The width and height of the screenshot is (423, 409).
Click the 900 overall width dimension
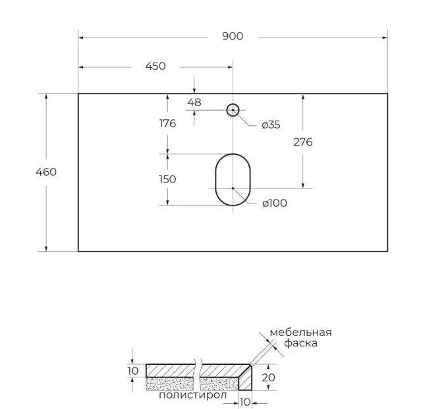click(x=233, y=36)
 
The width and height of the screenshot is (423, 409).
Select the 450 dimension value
click(x=155, y=66)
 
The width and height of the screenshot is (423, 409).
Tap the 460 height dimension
click(x=46, y=172)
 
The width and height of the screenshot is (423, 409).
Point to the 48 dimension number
click(x=194, y=103)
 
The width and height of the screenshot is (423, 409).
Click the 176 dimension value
click(x=167, y=123)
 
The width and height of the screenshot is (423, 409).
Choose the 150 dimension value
click(x=167, y=179)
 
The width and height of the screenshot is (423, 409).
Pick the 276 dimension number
click(x=303, y=142)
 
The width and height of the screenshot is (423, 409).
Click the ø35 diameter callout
click(x=271, y=125)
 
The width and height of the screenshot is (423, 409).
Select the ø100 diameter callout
click(x=275, y=203)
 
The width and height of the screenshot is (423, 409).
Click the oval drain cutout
click(x=216, y=180)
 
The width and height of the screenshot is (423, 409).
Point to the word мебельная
click(x=301, y=333)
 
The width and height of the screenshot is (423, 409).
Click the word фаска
click(x=301, y=344)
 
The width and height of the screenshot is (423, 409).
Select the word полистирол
click(x=193, y=395)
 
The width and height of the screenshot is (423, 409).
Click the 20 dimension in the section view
click(x=268, y=377)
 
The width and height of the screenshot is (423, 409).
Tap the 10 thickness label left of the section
click(x=133, y=371)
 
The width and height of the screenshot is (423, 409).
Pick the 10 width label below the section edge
click(x=245, y=402)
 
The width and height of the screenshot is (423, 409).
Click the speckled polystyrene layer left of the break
click(x=170, y=384)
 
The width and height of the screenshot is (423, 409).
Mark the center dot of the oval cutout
click(x=233, y=188)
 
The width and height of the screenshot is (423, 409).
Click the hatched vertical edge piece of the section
click(x=246, y=379)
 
